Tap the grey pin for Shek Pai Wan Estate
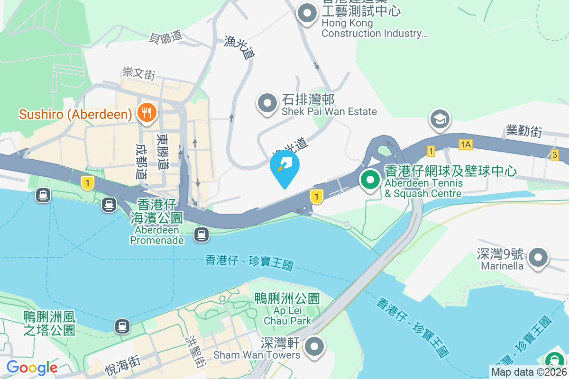pyautogui.click(x=267, y=103)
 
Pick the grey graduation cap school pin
pyautogui.click(x=440, y=119)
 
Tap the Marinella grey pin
pyautogui.click(x=538, y=258)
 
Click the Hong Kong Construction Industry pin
pyautogui.click(x=307, y=13)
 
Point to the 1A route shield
pyautogui.click(x=466, y=144)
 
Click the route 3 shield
pyautogui.click(x=554, y=154)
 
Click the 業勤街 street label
pyautogui.click(x=524, y=131)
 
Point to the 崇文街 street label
pyautogui.click(x=138, y=73)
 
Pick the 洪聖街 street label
pyautogui.click(x=197, y=352)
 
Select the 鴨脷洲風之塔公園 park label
pyautogui.click(x=49, y=323)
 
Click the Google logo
pyautogui.click(x=32, y=367)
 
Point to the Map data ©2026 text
pyautogui.click(x=529, y=372)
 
